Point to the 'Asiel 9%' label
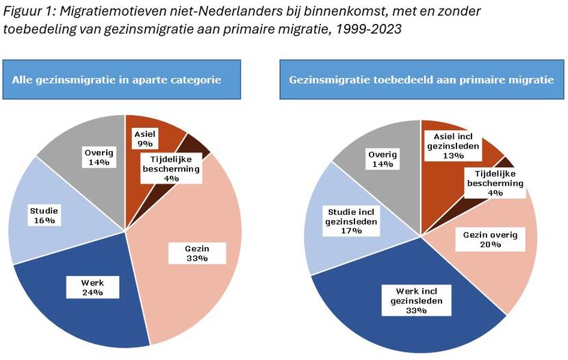(144, 139)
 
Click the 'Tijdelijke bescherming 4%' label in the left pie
(171, 168)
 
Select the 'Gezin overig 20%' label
(491, 240)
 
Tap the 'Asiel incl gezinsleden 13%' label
(452, 145)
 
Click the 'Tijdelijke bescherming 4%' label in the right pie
(495, 183)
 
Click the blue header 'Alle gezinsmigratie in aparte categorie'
(122, 79)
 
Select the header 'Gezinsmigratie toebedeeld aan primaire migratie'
(421, 79)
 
